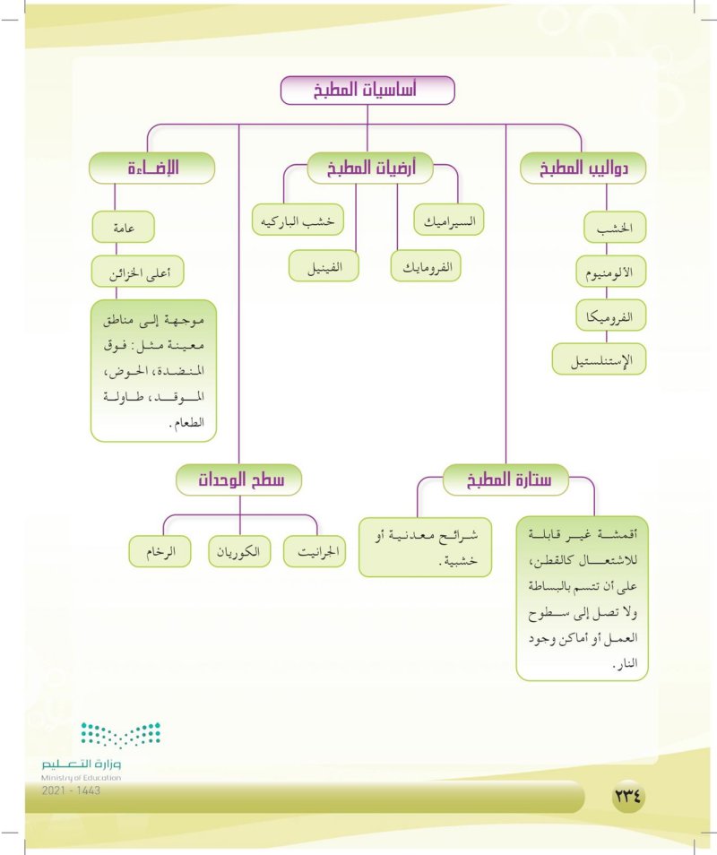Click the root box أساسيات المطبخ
pyautogui.click(x=367, y=91)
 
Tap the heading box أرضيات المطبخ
pyautogui.click(x=369, y=167)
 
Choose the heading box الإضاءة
pyautogui.click(x=152, y=168)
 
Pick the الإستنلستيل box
pyautogui.click(x=599, y=359)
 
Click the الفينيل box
pyautogui.click(x=324, y=265)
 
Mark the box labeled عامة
pyautogui.click(x=123, y=228)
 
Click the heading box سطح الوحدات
pyautogui.click(x=238, y=479)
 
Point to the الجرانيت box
pyautogui.click(x=314, y=551)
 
